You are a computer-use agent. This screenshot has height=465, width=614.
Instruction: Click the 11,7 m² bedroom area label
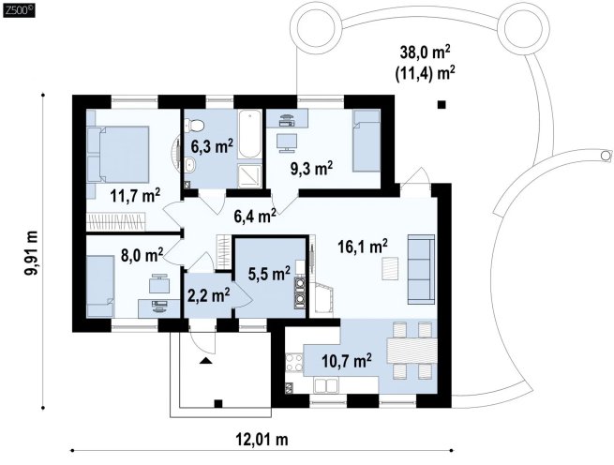(135, 195)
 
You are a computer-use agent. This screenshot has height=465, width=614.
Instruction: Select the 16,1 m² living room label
(363, 247)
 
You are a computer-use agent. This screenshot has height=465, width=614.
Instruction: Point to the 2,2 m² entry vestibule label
(208, 295)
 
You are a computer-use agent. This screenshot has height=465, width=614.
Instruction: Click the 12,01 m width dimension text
(262, 439)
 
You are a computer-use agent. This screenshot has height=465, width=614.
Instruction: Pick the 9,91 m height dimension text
(31, 252)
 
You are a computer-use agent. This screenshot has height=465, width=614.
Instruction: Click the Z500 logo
(18, 9)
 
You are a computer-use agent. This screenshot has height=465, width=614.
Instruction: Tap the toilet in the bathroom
(195, 126)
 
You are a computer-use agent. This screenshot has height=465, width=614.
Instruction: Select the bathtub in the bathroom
(249, 134)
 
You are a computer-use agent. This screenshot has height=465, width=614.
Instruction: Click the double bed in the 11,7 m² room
(121, 155)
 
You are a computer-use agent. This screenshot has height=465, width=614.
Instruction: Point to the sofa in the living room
(421, 269)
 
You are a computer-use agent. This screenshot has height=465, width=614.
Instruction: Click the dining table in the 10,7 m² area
(412, 351)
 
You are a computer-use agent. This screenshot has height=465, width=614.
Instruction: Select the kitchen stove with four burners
(293, 362)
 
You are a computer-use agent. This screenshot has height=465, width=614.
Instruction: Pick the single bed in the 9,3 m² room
(367, 141)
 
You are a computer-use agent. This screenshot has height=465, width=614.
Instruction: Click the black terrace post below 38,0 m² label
(442, 104)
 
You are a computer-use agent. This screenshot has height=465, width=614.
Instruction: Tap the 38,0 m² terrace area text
(425, 52)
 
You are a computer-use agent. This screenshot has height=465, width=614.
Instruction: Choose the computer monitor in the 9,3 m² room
(287, 142)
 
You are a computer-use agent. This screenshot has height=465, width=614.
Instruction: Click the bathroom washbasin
(190, 165)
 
